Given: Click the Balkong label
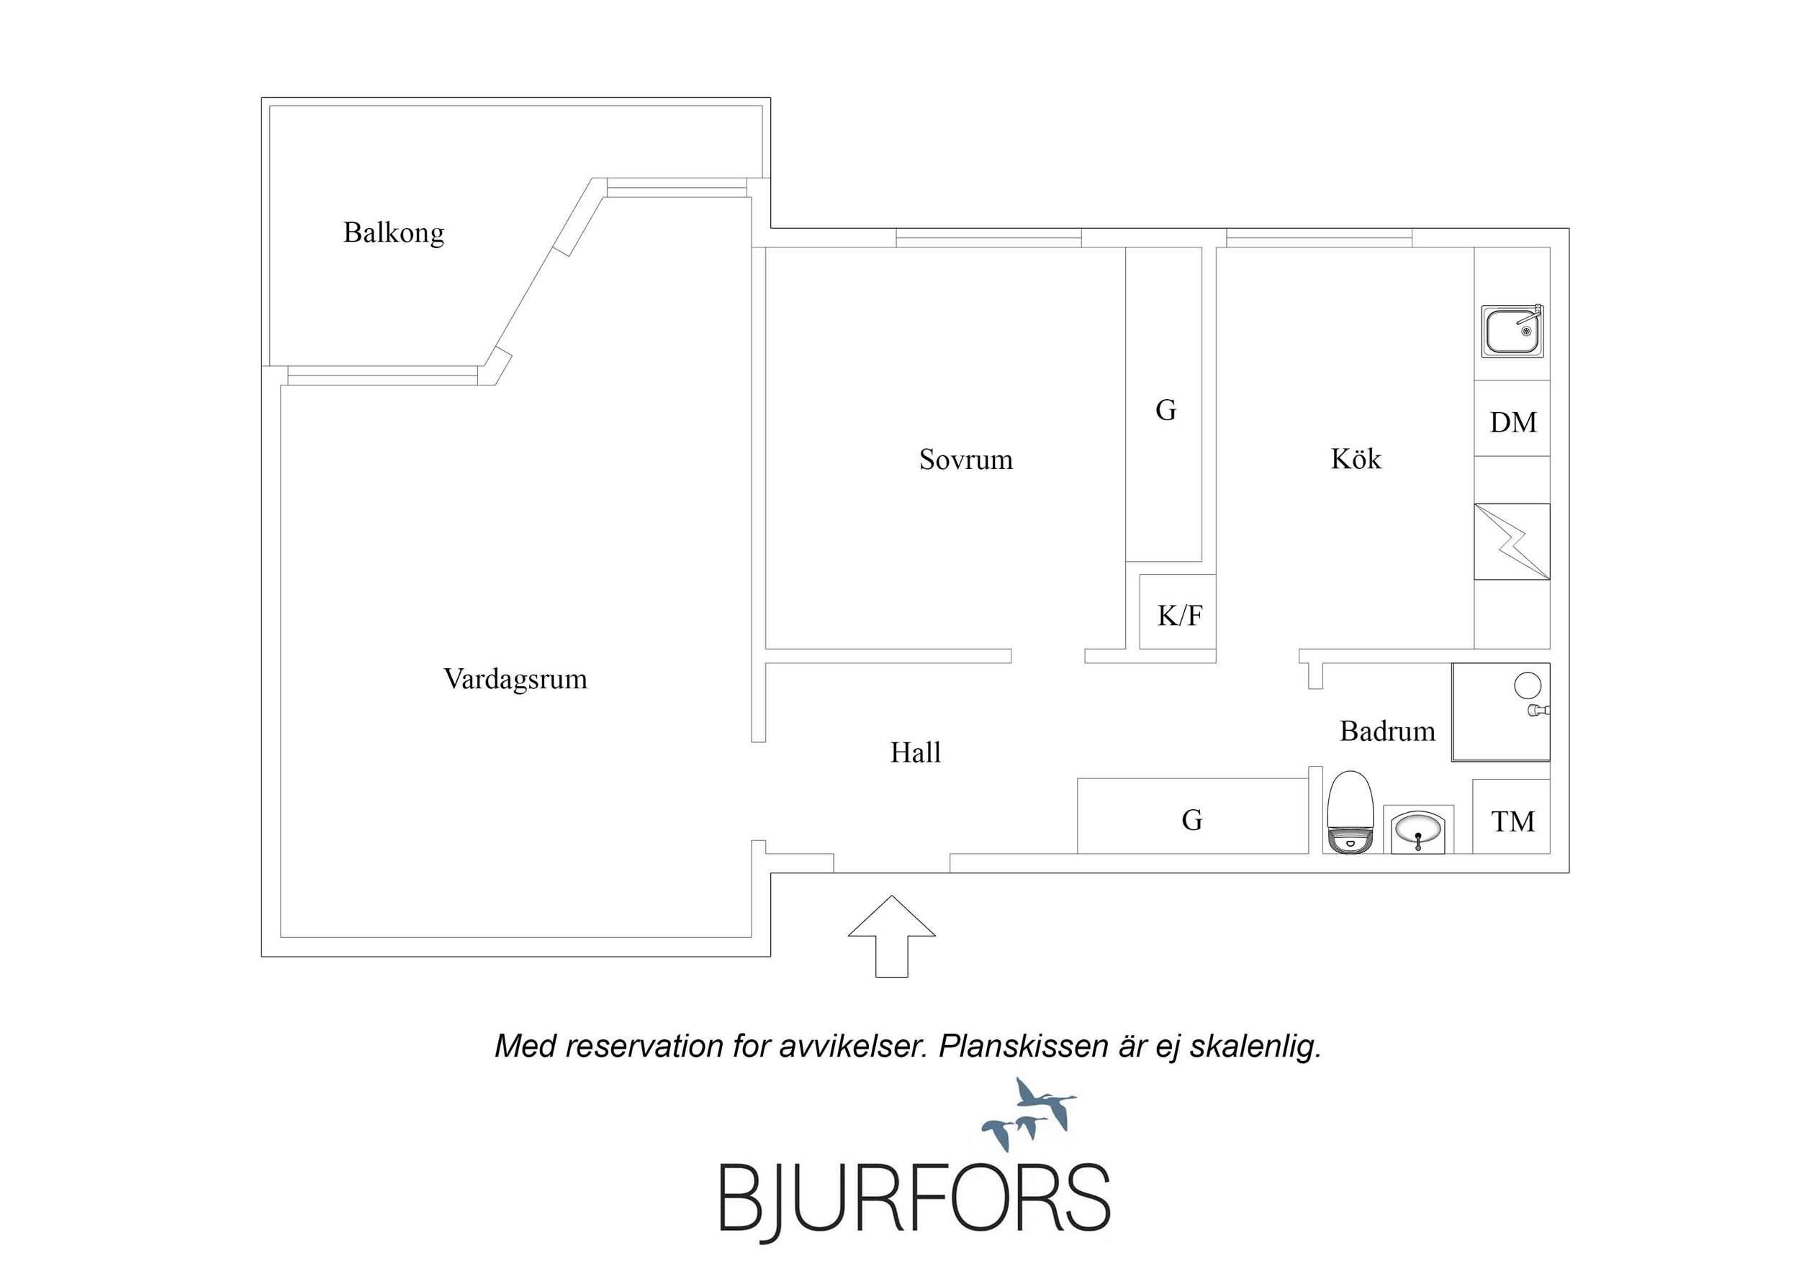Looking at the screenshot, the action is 393,233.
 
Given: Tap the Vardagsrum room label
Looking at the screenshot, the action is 515,679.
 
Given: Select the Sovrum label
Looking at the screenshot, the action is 966,460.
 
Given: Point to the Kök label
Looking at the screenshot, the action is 1356,458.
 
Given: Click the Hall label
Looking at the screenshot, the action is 915,752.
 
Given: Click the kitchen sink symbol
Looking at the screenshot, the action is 1512,332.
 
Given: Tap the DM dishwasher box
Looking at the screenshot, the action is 1512,418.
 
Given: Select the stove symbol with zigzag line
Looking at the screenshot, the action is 1512,542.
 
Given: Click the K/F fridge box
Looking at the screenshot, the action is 1178,611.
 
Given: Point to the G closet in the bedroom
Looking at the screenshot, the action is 1164,405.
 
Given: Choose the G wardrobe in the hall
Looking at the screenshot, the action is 1193,816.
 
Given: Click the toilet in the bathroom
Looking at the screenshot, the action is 1351,812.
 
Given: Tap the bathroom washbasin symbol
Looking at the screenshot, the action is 1418,829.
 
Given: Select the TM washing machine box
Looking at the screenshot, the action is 1512,817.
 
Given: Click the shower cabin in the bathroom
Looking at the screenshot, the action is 1501,713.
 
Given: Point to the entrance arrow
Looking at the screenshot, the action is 892,937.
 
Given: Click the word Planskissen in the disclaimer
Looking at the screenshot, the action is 1023,1047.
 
